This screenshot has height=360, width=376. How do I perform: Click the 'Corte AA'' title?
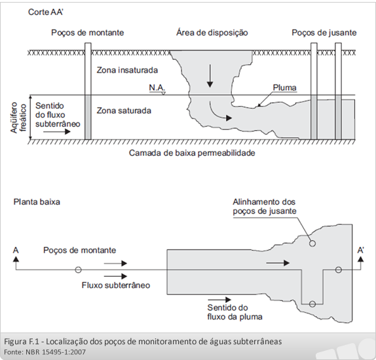(46, 12)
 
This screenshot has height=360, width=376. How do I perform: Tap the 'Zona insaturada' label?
(127, 70)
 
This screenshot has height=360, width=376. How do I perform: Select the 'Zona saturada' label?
(124, 111)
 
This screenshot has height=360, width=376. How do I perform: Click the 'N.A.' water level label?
(157, 88)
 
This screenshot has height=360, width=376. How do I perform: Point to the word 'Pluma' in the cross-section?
(285, 88)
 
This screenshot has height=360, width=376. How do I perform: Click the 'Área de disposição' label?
(212, 32)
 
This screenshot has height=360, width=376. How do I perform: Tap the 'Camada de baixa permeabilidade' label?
(192, 153)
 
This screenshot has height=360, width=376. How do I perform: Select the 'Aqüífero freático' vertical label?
(18, 117)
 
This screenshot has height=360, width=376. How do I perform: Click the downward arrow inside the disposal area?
(210, 76)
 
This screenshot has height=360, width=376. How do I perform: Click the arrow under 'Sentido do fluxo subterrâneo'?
(57, 132)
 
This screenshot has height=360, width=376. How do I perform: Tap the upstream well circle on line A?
(78, 270)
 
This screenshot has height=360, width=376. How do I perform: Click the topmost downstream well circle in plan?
(312, 243)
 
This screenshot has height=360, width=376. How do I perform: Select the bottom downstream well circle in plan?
(312, 304)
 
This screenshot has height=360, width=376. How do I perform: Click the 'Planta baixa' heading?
(37, 202)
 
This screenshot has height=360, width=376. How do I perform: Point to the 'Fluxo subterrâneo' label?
(116, 285)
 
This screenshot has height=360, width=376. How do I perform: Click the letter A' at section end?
(360, 250)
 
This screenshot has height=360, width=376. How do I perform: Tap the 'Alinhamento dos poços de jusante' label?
(265, 206)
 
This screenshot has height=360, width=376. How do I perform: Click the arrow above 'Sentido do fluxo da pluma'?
(219, 299)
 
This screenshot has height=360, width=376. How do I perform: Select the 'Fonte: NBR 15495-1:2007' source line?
(45, 352)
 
